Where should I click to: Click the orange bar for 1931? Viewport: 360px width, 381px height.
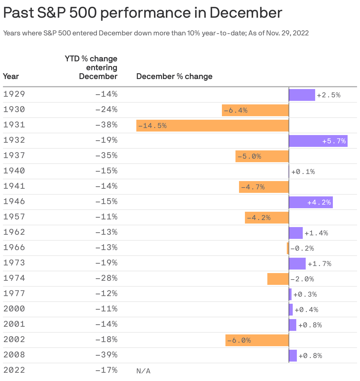click(x=212, y=126)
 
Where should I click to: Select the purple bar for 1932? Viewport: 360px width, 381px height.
click(x=318, y=141)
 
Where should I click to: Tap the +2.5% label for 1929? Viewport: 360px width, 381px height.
click(x=328, y=95)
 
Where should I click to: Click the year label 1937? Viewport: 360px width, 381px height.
click(x=14, y=155)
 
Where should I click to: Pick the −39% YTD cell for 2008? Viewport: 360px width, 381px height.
click(x=106, y=354)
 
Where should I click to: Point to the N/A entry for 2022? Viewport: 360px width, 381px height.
click(x=143, y=371)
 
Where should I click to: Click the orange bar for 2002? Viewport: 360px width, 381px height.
click(x=257, y=340)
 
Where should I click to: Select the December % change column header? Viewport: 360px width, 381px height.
click(x=174, y=76)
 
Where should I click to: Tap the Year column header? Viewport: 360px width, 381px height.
click(x=11, y=76)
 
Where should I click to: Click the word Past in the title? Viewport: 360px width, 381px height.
click(x=18, y=13)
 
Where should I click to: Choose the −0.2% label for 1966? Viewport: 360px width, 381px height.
click(x=302, y=248)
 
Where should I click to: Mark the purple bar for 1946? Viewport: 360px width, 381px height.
click(x=311, y=202)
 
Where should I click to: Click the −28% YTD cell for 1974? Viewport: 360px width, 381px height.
click(x=106, y=278)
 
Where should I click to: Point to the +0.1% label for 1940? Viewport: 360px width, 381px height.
click(x=303, y=172)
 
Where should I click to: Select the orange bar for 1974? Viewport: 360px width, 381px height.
click(x=278, y=279)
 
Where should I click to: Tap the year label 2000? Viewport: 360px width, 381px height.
click(x=14, y=308)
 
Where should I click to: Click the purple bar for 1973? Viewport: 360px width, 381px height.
click(x=297, y=264)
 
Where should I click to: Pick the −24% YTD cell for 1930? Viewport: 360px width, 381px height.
click(x=106, y=109)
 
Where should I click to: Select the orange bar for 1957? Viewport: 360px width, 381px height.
click(x=267, y=218)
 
